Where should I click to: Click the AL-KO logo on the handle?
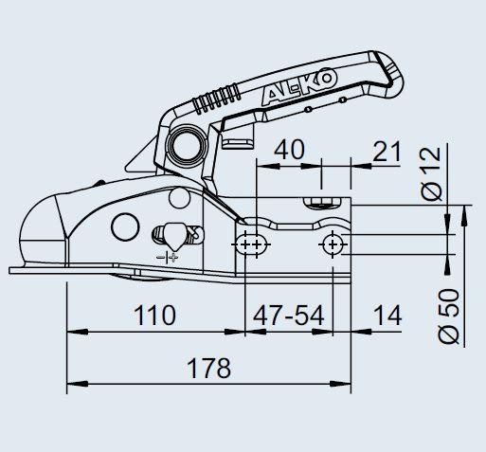coord(298,86)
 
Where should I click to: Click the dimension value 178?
coord(208,369)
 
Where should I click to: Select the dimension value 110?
coord(154,316)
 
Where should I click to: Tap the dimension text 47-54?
coord(289,316)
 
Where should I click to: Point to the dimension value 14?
coord(387,316)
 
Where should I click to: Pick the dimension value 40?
coord(289,151)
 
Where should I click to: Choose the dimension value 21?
coord(387,152)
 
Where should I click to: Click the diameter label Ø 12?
coord(431,173)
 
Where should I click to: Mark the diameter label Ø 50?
coord(448,316)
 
